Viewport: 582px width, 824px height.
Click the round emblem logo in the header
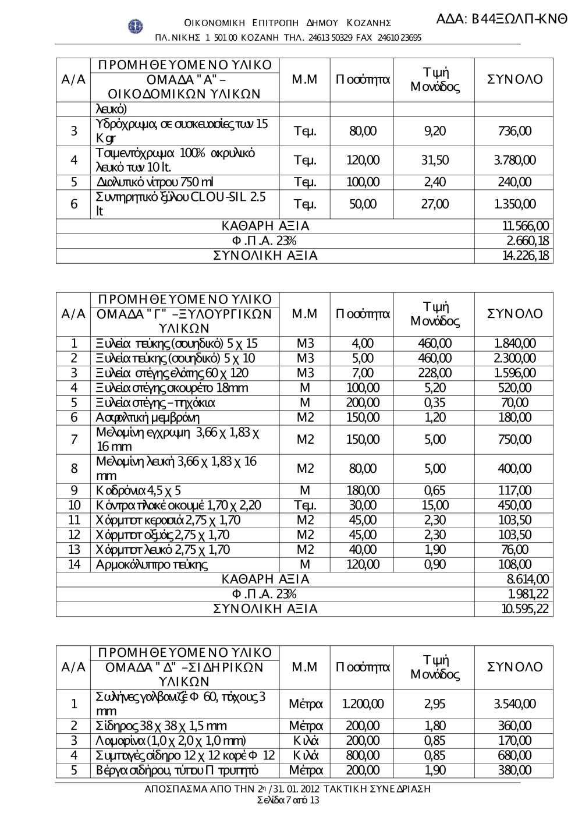pos(136,26)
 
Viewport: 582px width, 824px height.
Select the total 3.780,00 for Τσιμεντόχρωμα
pos(515,160)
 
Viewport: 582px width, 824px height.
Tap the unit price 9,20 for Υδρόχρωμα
pos(435,131)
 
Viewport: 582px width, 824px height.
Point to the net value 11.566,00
pos(525,227)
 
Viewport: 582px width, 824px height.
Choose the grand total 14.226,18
pos(526,256)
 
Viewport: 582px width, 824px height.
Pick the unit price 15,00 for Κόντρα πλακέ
pos(435,505)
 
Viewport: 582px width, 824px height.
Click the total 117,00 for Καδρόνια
pos(515,491)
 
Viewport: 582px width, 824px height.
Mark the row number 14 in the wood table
pos(74,564)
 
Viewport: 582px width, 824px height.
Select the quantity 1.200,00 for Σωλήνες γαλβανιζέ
pos(362,704)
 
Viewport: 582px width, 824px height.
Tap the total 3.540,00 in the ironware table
pos(515,704)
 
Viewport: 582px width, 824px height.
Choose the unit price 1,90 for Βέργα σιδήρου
pos(435,770)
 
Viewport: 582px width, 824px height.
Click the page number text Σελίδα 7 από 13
pos(288,800)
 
